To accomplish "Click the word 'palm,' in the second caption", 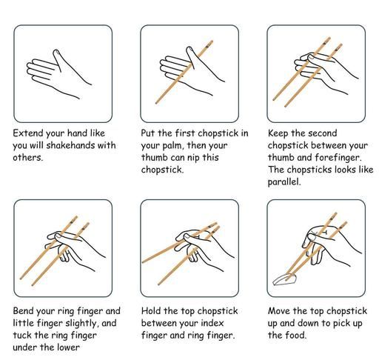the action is click(173, 146).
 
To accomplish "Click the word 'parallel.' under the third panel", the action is click(284, 182).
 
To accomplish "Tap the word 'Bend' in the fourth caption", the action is click(23, 310).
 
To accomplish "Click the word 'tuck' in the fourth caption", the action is click(22, 336).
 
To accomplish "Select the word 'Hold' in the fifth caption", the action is click(151, 310).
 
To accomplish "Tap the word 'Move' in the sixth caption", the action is click(279, 310).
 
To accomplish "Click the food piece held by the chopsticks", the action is click(284, 280).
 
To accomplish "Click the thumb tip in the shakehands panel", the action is click(57, 52).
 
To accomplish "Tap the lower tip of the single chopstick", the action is click(156, 103).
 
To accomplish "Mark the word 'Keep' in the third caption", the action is click(278, 133).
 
